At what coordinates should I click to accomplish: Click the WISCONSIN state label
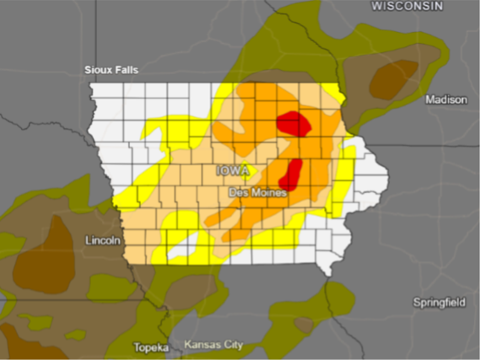pyautogui.click(x=407, y=6)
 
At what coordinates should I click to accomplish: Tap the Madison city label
pyautogui.click(x=446, y=99)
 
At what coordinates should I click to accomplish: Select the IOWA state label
pyautogui.click(x=234, y=171)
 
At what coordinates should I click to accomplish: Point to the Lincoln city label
pyautogui.click(x=104, y=240)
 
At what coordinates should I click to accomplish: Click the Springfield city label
pyautogui.click(x=440, y=302)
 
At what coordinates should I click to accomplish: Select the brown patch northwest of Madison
pyautogui.click(x=392, y=78)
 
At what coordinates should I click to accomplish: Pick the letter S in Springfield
pyautogui.click(x=416, y=302)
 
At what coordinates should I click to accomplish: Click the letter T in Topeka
pyautogui.click(x=137, y=347)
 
